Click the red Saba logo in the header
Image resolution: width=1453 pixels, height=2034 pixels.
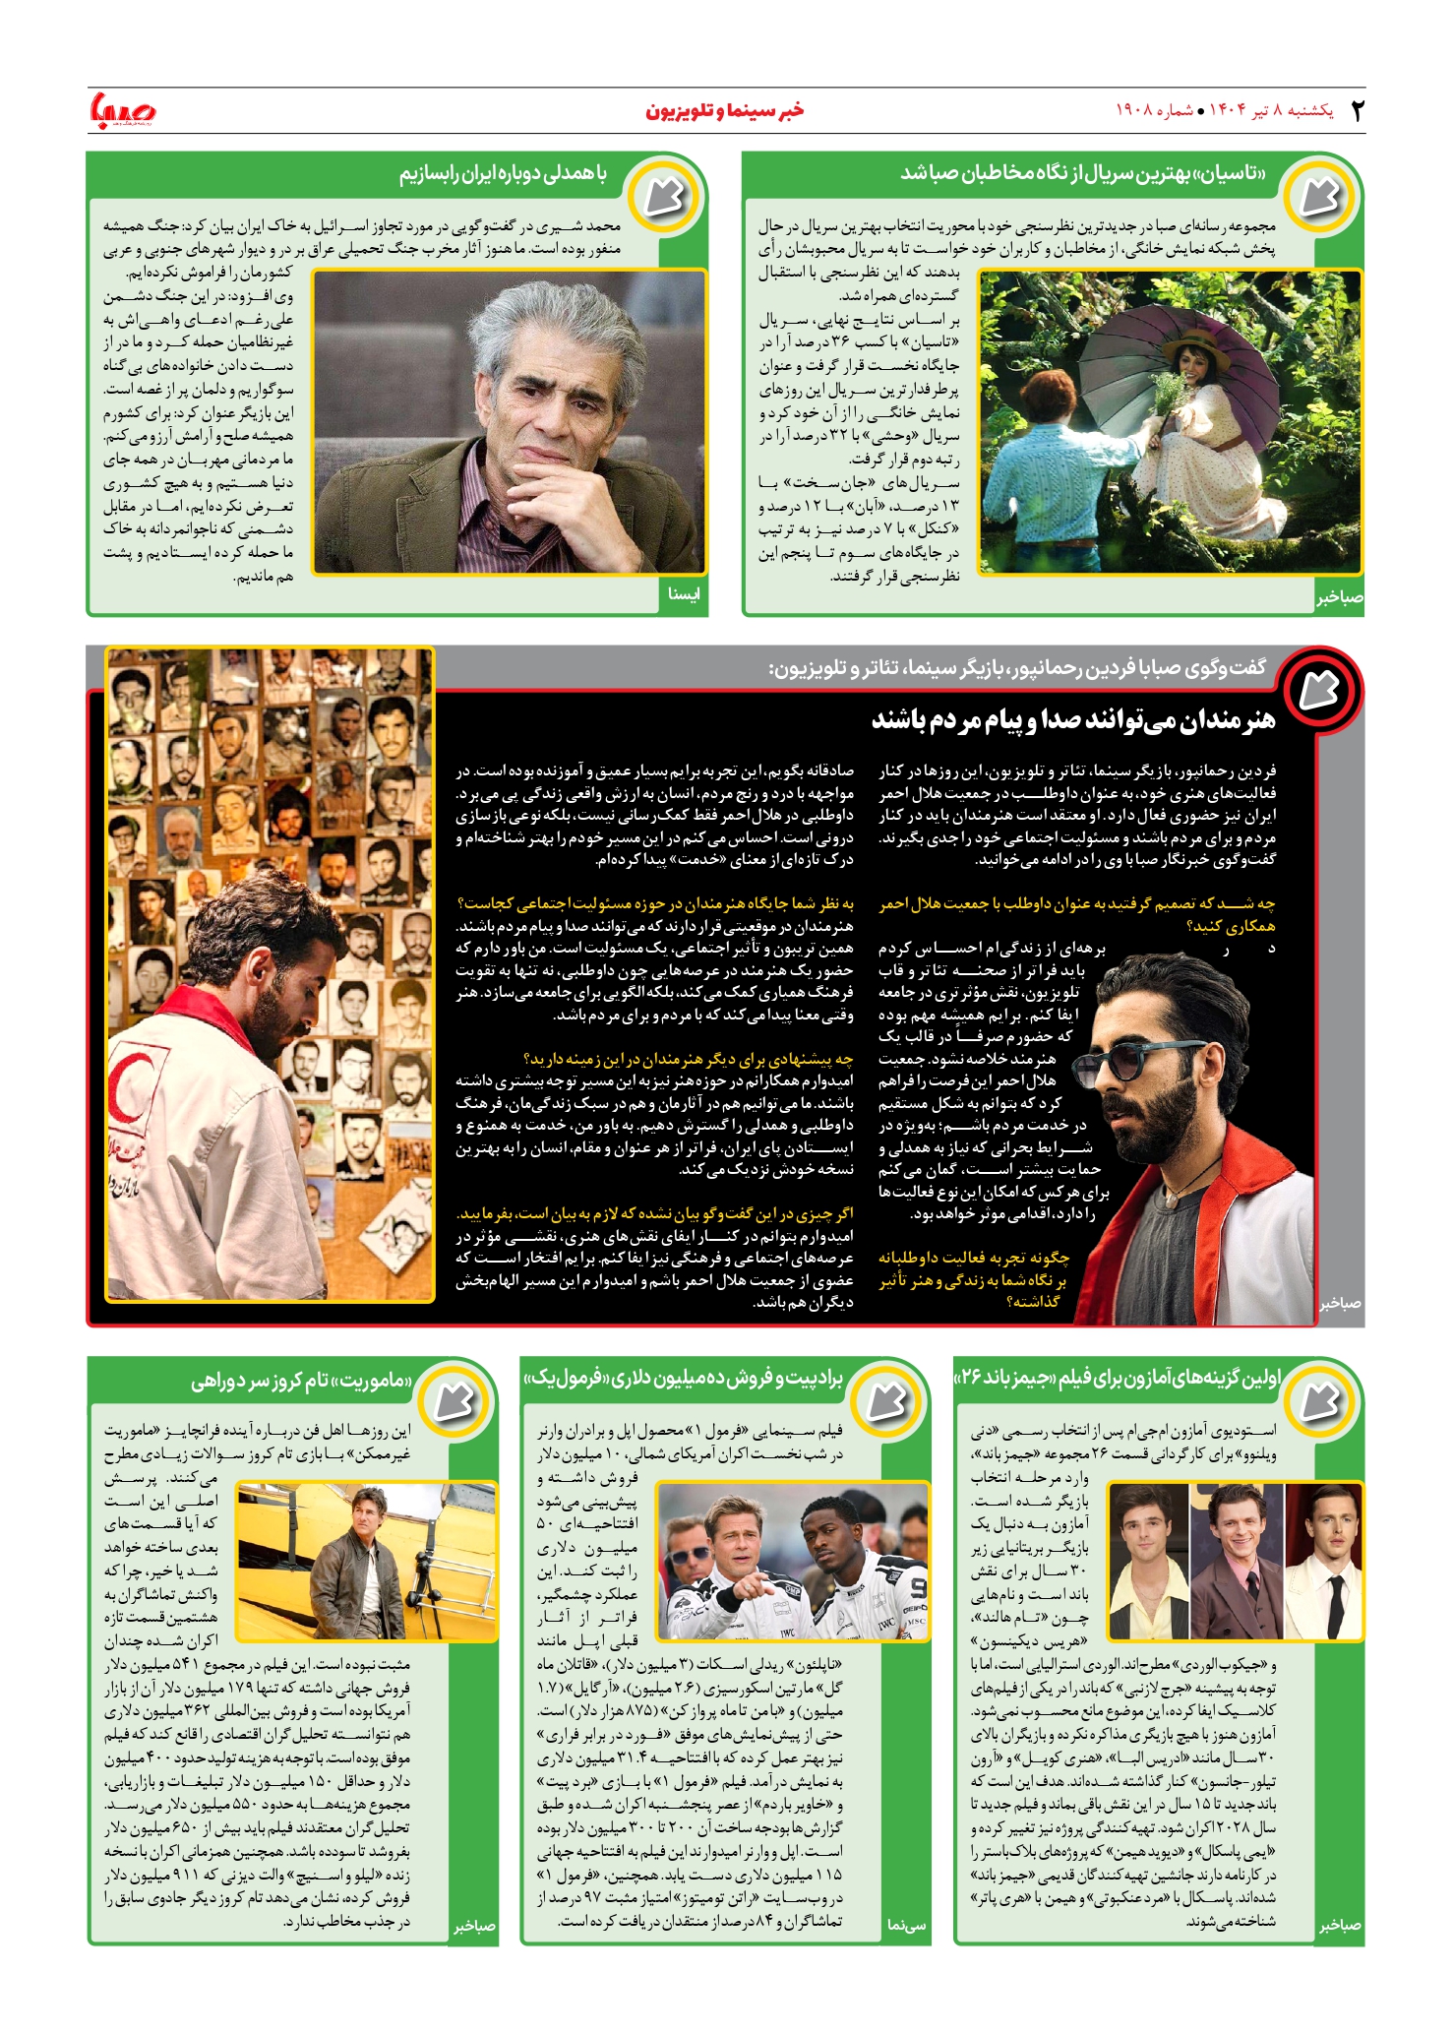pos(122,110)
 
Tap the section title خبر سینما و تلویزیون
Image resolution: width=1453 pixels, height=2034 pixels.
pos(724,110)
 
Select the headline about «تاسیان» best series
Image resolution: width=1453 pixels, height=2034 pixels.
pos(1083,173)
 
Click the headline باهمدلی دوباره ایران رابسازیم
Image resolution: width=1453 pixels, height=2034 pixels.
pos(503,174)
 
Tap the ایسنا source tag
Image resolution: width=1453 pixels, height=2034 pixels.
pos(683,594)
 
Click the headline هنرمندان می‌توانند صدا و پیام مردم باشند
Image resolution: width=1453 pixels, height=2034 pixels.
pos(1072,720)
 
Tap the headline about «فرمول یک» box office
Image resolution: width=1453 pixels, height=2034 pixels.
pos(684,1379)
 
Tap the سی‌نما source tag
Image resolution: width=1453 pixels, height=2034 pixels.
pos(906,1925)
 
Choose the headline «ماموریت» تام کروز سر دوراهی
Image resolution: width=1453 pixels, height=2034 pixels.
pos(302,1381)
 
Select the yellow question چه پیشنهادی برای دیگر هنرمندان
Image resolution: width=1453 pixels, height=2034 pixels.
pos(689,1059)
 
